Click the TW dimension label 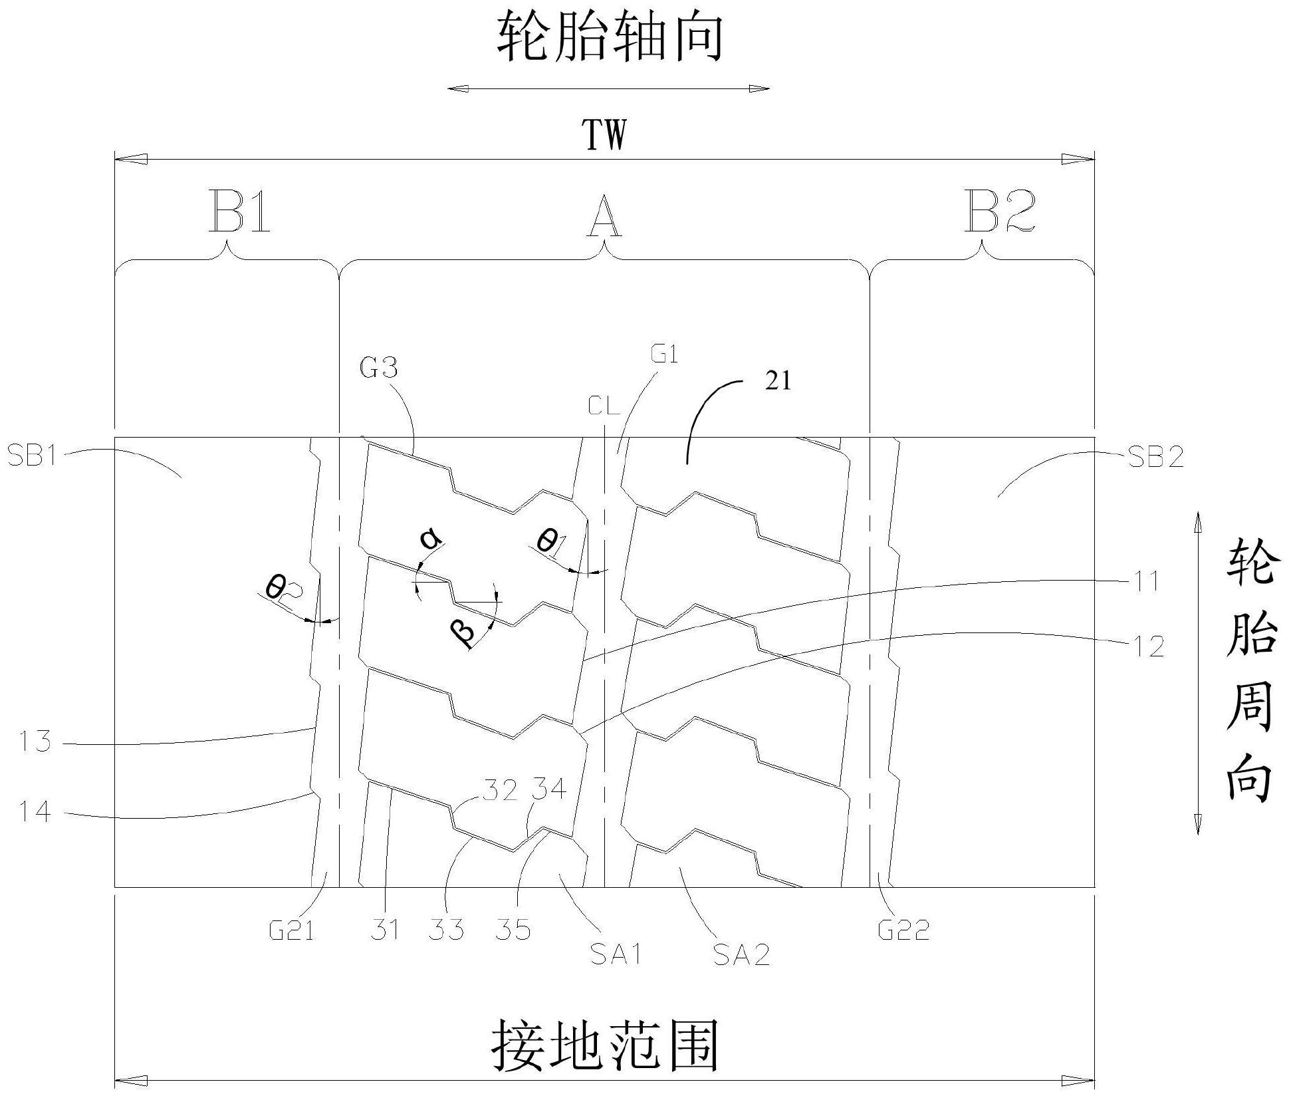[604, 136]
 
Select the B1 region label [240, 212]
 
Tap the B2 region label [999, 212]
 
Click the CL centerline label [604, 405]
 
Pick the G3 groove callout [379, 367]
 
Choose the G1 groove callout [664, 355]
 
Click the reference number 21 [778, 381]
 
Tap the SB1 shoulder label [32, 457]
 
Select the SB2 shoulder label [1156, 457]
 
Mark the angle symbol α [431, 539]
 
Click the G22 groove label [903, 929]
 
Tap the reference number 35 [513, 930]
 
